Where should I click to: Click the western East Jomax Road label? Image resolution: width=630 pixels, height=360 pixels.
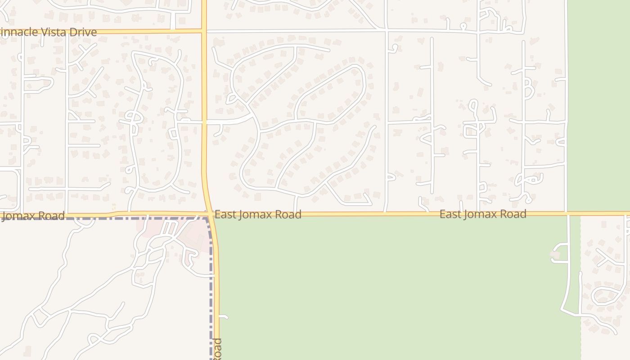coord(258,215)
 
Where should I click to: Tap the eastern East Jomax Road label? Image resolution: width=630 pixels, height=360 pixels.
coord(483,214)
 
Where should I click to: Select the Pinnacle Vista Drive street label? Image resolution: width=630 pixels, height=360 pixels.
coord(49,32)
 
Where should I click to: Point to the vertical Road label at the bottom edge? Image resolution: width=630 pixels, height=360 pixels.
coord(217,349)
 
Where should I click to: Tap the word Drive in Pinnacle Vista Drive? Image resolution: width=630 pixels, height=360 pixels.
coord(82,32)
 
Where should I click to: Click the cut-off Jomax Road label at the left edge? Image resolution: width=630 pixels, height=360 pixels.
coord(33,216)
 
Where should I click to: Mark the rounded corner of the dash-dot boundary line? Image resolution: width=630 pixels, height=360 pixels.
coord(209,220)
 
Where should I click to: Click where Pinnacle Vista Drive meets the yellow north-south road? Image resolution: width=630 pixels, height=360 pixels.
coord(204,31)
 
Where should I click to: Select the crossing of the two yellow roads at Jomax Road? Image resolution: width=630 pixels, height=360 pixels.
coord(209,213)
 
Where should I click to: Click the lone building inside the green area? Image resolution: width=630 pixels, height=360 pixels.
coord(554,256)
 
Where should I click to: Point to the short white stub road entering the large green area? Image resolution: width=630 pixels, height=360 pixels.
coord(224,317)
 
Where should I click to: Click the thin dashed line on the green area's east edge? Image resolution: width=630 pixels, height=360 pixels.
coord(580,270)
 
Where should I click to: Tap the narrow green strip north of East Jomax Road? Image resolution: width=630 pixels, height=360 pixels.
coord(598,103)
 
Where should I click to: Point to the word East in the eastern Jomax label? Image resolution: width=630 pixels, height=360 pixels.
coord(450,214)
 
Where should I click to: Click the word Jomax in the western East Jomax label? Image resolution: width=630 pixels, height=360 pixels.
coord(255,215)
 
